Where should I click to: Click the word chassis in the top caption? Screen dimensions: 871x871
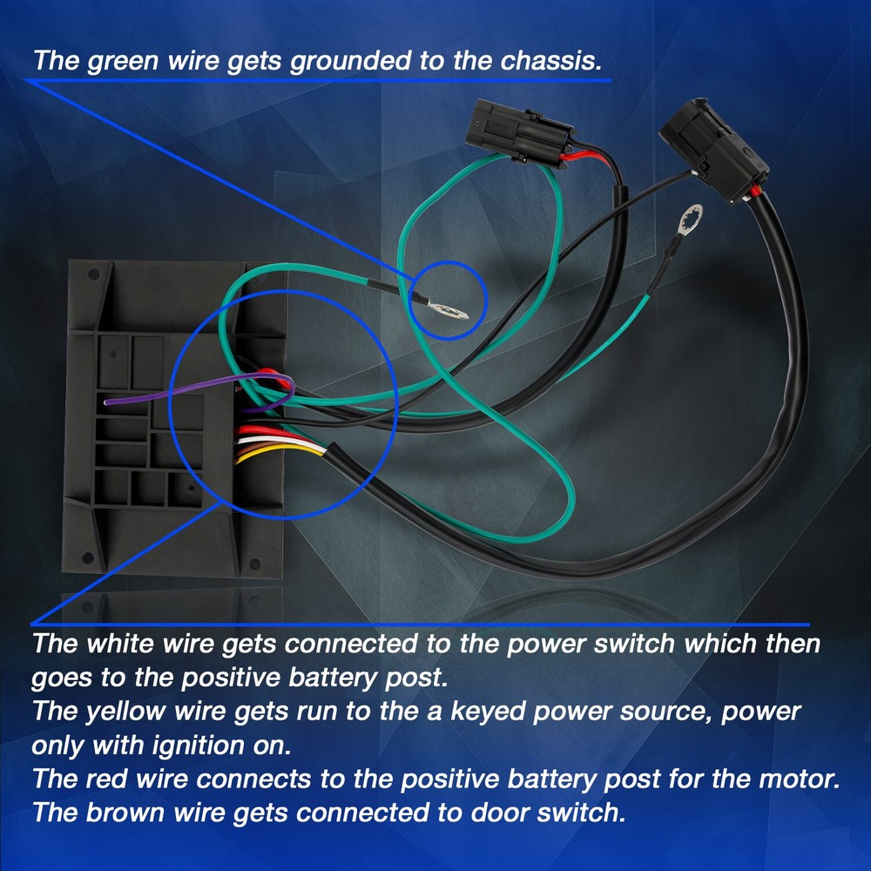pos(550,61)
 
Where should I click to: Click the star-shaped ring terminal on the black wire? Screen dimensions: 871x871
pos(691,219)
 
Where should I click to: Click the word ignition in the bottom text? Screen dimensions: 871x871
pos(199,746)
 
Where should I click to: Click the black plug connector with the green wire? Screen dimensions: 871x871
pos(520,132)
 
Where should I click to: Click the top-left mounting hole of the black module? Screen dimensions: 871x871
pos(94,273)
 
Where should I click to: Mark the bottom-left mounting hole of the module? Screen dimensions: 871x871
pos(88,557)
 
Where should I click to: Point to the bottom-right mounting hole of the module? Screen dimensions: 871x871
pos(255,564)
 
